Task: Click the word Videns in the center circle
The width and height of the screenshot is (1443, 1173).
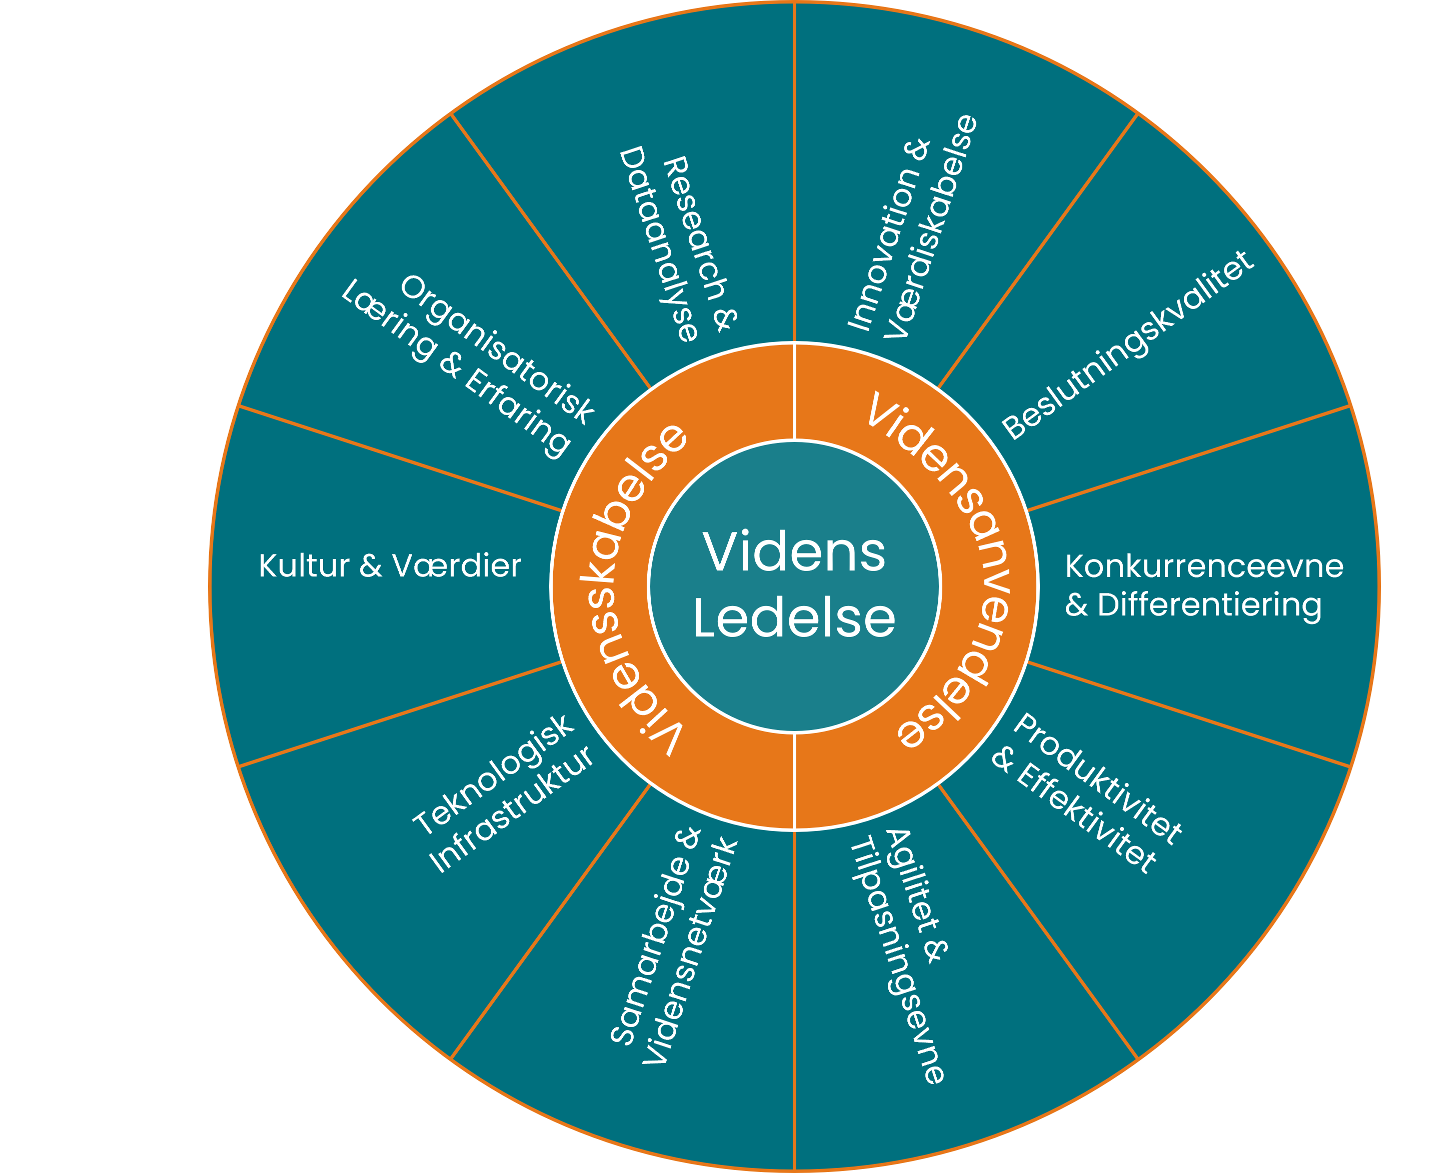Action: [x=794, y=552]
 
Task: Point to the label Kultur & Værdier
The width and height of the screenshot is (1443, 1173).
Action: [x=390, y=565]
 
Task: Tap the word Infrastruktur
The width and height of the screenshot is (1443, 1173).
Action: [x=512, y=809]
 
